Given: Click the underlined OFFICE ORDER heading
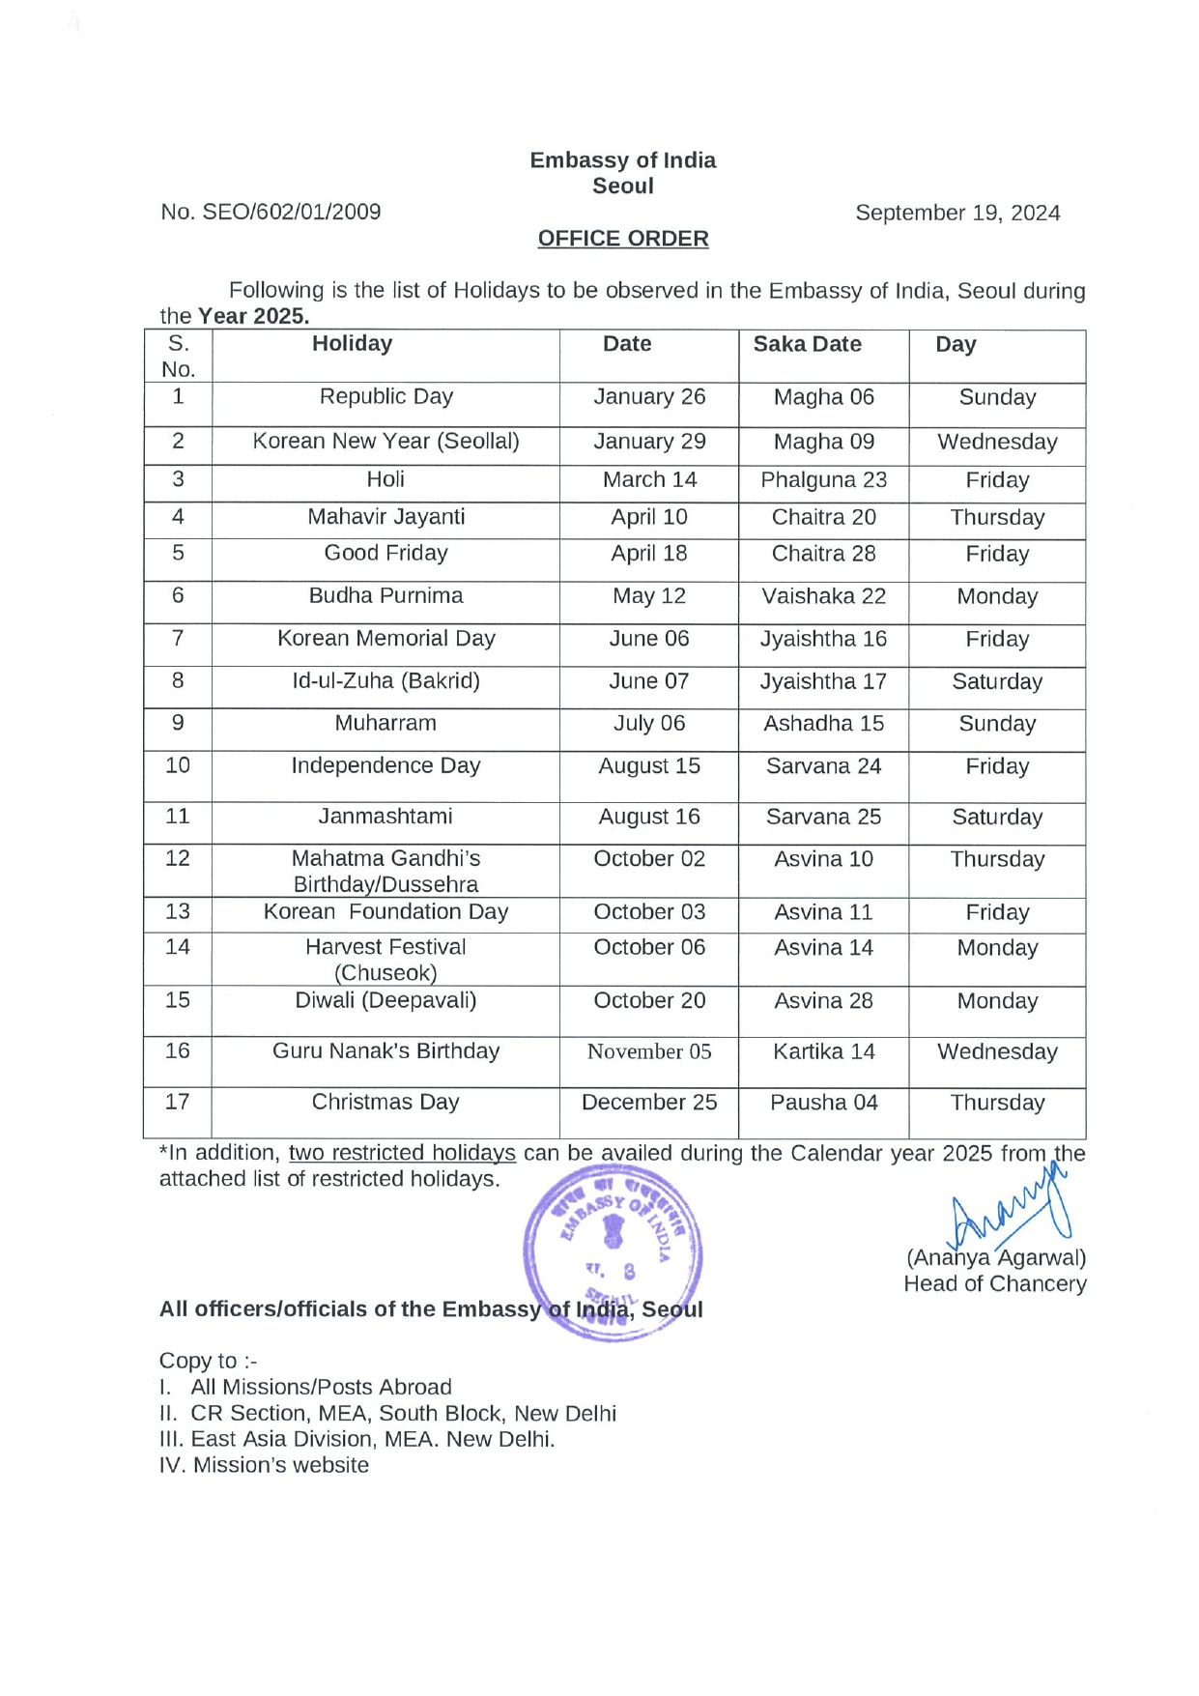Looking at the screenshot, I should pyautogui.click(x=622, y=239).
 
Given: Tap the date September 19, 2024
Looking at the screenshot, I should pyautogui.click(x=956, y=213).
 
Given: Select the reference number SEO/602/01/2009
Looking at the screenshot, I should pyautogui.click(x=291, y=212).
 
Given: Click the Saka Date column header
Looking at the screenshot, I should pyautogui.click(x=807, y=344).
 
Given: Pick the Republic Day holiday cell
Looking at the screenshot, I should pyautogui.click(x=385, y=396).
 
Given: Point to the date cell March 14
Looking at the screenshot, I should pyautogui.click(x=649, y=479).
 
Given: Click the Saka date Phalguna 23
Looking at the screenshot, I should pyautogui.click(x=823, y=480).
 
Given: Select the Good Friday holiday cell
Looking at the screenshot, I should pyautogui.click(x=385, y=553).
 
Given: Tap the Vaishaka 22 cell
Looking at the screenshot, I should pyautogui.click(x=823, y=596).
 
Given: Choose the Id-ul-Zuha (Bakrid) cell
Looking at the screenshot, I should pyautogui.click(x=385, y=680).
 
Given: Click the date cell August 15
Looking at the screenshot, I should pyautogui.click(x=649, y=766).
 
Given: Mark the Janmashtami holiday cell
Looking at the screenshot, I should pyautogui.click(x=385, y=817).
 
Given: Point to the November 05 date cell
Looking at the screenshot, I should pyautogui.click(x=649, y=1051).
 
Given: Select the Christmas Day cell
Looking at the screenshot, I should pyautogui.click(x=385, y=1102).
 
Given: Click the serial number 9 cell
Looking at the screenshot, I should pyautogui.click(x=178, y=723).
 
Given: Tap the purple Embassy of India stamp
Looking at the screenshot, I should pyautogui.click(x=613, y=1251).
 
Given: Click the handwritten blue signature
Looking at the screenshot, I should pyautogui.click(x=1010, y=1213).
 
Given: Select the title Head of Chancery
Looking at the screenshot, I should pyautogui.click(x=994, y=1283).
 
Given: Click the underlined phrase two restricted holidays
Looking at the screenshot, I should pyautogui.click(x=402, y=1153).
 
